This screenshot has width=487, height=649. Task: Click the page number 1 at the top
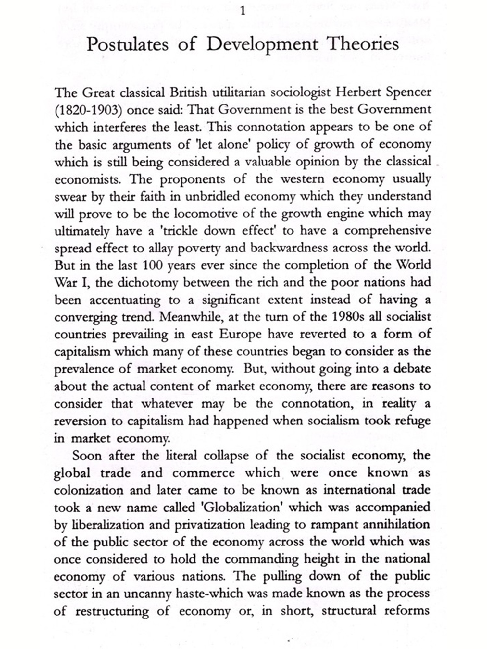click(243, 12)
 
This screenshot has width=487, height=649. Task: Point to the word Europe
click(240, 334)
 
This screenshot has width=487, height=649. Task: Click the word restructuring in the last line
click(112, 611)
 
